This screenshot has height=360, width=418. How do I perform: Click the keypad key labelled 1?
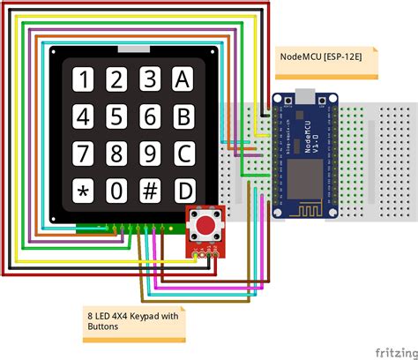pos(84,80)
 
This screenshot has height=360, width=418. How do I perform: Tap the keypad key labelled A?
pos(183,80)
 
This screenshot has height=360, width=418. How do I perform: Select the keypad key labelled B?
pos(183,116)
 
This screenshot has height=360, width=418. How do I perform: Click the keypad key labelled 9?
pos(150,154)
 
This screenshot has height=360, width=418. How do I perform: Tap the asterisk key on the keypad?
pos(84,191)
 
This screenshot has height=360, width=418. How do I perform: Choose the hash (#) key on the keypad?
pos(150,191)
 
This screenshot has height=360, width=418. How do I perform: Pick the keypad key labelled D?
pos(183,191)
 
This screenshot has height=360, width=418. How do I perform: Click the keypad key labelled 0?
pos(117,191)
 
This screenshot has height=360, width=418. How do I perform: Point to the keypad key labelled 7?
pos(84,154)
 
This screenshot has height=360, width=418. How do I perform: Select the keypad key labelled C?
pos(183,154)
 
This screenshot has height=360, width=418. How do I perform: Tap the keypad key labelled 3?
pos(150,80)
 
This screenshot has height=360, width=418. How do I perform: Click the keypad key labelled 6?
pos(150,116)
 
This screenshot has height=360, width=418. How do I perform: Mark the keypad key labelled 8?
pos(117,154)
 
